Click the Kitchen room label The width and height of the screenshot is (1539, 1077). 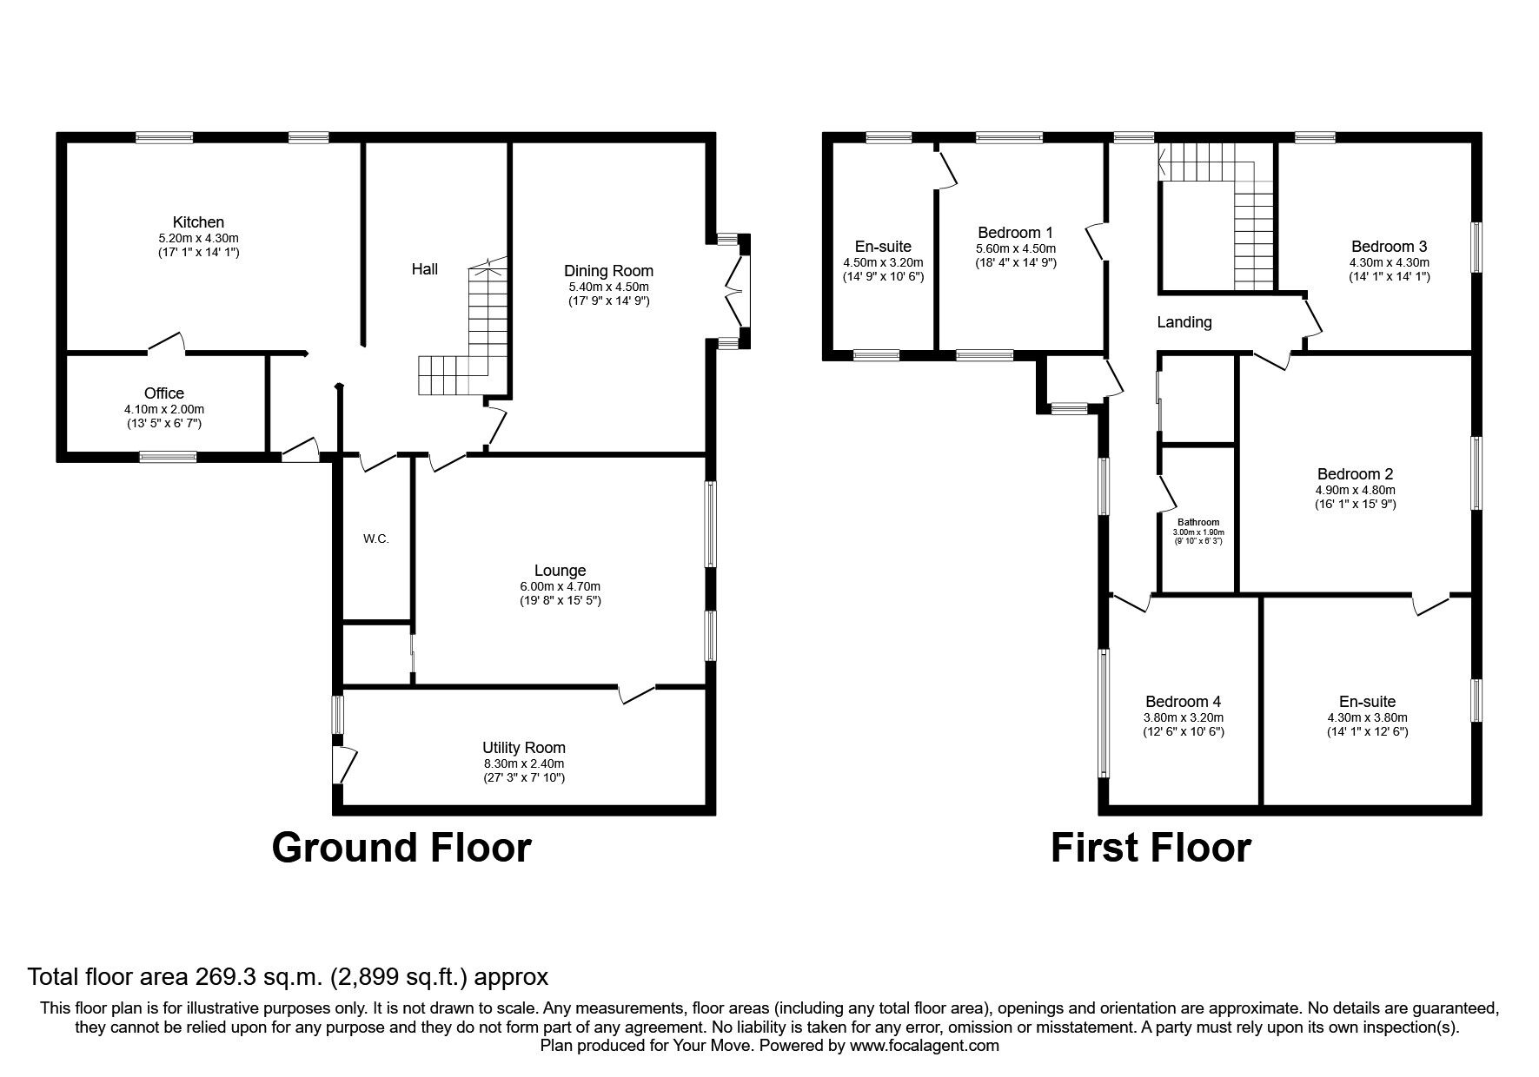click(198, 223)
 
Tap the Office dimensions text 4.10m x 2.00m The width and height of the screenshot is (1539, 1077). click(164, 409)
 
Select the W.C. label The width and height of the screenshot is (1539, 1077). click(375, 538)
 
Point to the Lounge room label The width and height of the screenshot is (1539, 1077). click(560, 571)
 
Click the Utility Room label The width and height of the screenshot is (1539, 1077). click(524, 748)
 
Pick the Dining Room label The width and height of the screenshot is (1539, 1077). click(608, 271)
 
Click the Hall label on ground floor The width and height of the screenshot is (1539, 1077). click(425, 269)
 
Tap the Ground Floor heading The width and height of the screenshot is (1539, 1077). click(401, 847)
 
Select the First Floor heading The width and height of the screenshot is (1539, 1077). click(1151, 847)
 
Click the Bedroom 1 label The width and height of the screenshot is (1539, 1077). click(1015, 233)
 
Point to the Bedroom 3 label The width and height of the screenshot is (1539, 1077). click(1389, 247)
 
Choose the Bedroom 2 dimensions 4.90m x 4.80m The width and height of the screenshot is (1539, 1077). click(1356, 490)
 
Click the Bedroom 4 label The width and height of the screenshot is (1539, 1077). click(1183, 702)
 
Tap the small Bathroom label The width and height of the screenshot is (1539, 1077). click(1198, 522)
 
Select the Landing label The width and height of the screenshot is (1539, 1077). click(1184, 322)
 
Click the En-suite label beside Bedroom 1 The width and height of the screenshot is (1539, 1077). click(882, 247)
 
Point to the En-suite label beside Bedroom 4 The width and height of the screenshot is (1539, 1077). click(1367, 702)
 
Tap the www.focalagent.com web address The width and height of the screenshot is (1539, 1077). click(925, 1046)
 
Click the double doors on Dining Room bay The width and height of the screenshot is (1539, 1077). click(736, 291)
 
